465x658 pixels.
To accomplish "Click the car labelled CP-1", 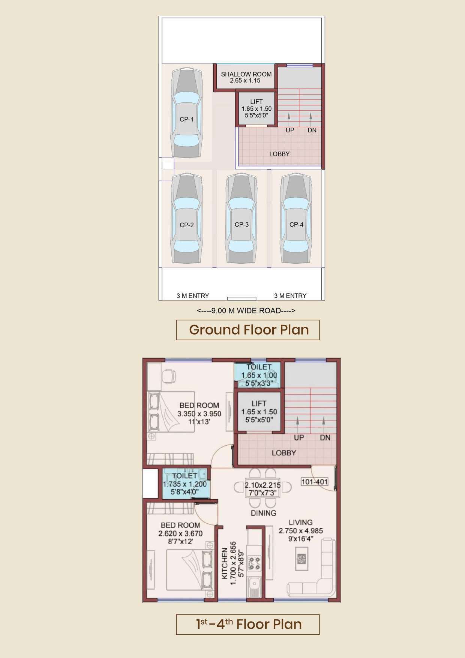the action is (186, 113).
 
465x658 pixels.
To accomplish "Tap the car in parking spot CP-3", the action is (241, 218).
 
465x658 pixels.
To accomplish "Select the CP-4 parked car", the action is (297, 218).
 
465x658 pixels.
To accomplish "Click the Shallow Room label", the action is (246, 74).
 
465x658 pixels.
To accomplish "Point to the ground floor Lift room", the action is (256, 108).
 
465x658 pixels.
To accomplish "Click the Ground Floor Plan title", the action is (249, 330).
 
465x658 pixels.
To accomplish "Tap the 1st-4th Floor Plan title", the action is (249, 624).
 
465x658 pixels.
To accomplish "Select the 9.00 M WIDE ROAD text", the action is (246, 311).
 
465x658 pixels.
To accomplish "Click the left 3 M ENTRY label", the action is (193, 296).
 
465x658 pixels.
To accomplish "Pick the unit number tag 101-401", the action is (315, 481).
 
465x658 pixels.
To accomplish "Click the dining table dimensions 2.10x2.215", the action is (263, 485).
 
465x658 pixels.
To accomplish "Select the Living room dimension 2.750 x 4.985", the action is (301, 530).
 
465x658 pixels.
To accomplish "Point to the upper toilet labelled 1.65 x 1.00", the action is (259, 375).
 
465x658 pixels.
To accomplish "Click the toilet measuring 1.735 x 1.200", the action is (185, 484).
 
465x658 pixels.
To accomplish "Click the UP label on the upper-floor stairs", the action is (299, 438).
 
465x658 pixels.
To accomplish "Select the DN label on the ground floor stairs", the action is (312, 130).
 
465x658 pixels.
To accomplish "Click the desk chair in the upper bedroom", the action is (169, 376).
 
